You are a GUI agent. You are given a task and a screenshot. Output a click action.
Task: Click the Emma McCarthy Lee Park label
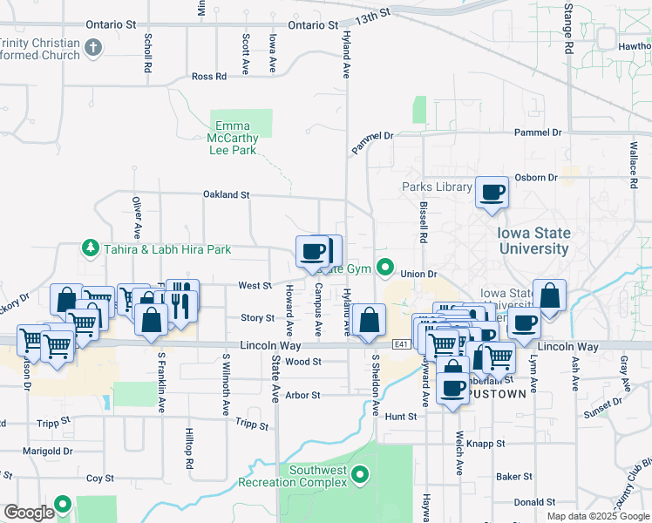pyautogui.click(x=233, y=138)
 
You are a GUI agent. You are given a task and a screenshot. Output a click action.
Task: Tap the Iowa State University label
pyautogui.click(x=533, y=241)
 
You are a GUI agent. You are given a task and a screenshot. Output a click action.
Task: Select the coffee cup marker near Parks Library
pyautogui.click(x=492, y=193)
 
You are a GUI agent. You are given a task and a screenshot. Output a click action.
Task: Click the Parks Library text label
pyautogui.click(x=437, y=187)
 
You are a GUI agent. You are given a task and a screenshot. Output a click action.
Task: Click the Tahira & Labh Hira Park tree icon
pyautogui.click(x=90, y=249)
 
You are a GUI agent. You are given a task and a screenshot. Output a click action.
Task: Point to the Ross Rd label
pyautogui.click(x=208, y=77)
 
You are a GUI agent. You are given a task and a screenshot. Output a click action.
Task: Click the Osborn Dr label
pyautogui.click(x=535, y=178)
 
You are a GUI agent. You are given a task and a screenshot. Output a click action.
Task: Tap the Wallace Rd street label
pyautogui.click(x=634, y=165)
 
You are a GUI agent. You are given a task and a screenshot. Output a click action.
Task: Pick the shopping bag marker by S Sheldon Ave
pyautogui.click(x=370, y=320)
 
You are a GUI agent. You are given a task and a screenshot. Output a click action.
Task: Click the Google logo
pyautogui.click(x=29, y=513)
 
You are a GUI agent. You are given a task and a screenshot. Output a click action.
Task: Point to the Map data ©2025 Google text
pyautogui.click(x=598, y=516)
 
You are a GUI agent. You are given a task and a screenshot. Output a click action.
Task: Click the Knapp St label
pyautogui.click(x=486, y=444)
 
